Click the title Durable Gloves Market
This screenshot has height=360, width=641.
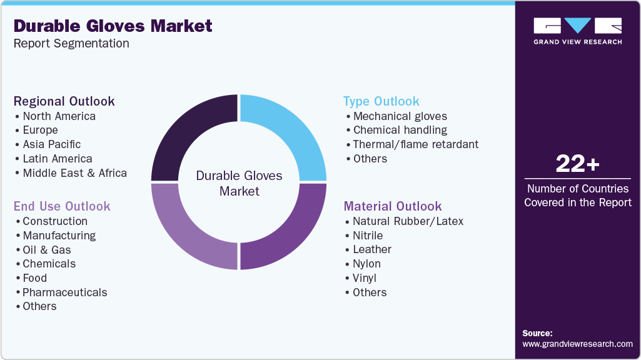point(113,26)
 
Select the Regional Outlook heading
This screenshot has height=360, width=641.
point(64,101)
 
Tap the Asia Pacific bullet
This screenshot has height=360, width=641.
point(52,144)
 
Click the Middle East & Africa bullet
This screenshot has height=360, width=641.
point(74,173)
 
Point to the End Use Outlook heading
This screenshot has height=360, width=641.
point(62,206)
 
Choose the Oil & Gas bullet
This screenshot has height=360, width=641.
point(47,249)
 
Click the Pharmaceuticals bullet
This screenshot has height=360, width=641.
point(64,292)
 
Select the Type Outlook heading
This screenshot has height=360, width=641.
point(381,101)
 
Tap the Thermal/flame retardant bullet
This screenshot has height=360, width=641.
point(415,144)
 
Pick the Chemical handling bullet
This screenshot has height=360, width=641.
point(400,130)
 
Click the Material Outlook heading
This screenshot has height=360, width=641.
point(393,206)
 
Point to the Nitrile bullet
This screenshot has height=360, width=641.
point(368,235)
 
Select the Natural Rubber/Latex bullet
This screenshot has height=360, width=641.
point(408,221)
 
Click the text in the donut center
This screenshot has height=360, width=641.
point(239,183)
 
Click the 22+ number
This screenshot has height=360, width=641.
point(577,164)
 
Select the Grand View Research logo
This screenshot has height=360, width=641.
point(577,31)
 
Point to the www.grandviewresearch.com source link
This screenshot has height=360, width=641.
point(577,344)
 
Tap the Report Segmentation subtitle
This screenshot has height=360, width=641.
point(71,43)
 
